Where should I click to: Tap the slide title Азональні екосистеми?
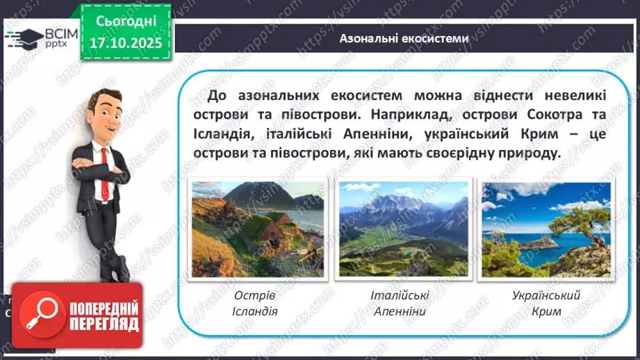404,39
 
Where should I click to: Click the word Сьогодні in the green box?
126,22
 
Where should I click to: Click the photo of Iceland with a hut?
257,230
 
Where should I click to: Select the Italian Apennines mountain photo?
403,230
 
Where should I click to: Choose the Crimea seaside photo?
545,230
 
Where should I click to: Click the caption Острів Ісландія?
255,303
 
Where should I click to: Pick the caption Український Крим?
545,303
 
